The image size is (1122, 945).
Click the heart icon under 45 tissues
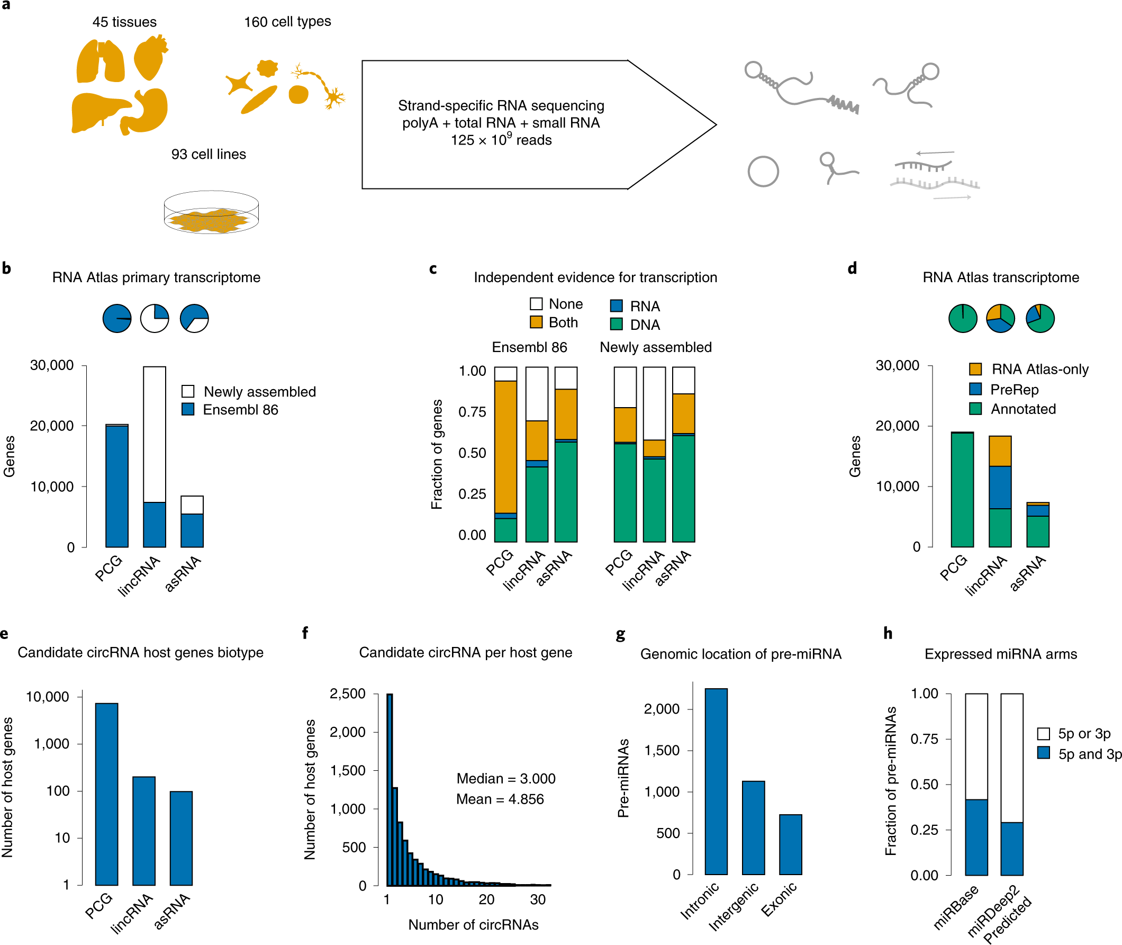click(150, 57)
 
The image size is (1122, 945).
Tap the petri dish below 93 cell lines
click(211, 213)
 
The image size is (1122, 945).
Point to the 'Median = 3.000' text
click(505, 778)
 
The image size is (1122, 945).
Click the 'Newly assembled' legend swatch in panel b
click(188, 391)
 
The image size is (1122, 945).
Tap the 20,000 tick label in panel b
click(51, 426)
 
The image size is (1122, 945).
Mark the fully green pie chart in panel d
click(962, 319)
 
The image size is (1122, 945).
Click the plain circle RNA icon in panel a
click(763, 172)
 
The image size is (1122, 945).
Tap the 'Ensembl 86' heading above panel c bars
click(529, 347)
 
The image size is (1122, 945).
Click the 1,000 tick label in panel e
click(51, 744)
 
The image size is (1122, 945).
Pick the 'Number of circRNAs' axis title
click(473, 925)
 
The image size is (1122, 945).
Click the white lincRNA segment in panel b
click(154, 434)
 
